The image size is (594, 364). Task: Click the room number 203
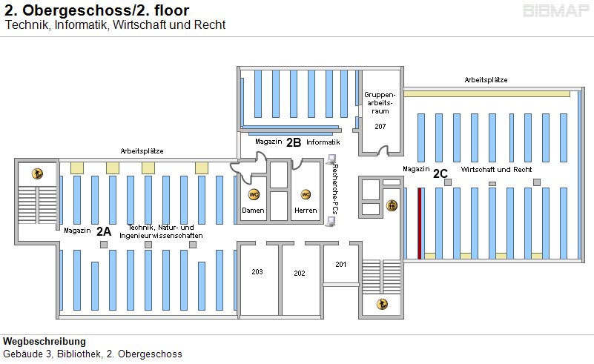257,272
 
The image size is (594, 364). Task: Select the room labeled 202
300,274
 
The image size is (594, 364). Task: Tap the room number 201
340,265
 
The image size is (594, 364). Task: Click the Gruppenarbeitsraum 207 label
380,110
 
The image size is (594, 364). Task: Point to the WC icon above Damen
254,194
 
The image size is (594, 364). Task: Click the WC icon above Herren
305,194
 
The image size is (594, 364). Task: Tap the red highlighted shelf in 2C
419,222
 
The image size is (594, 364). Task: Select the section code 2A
104,231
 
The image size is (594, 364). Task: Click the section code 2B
294,142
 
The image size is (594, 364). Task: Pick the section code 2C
440,173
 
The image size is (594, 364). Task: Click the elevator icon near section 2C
392,205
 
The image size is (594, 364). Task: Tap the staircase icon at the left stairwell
36,173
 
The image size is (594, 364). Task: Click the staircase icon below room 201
382,303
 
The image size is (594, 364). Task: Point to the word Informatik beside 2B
323,142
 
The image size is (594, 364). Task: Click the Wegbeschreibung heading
44,342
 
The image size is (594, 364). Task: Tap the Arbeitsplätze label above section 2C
486,79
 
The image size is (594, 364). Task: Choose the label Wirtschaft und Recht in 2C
496,170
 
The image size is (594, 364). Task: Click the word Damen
253,211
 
